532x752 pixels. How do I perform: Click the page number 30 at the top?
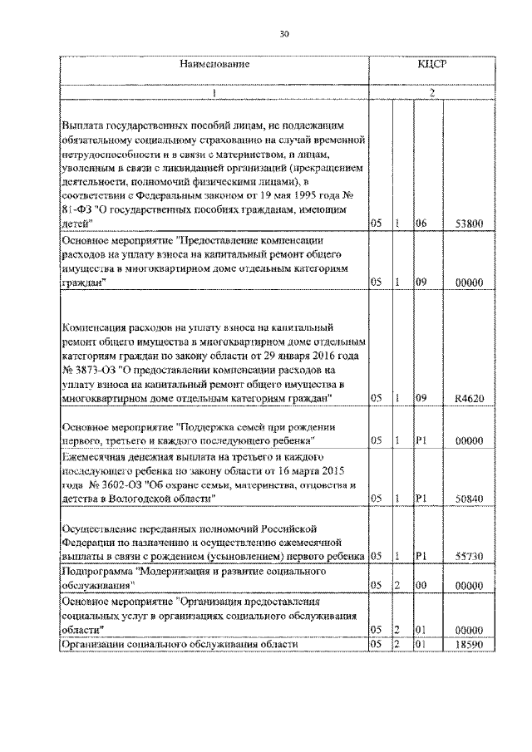pos(284,33)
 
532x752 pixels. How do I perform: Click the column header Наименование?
pos(214,64)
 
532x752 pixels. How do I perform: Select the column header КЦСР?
pos(432,64)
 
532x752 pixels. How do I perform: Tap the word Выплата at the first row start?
pos(82,122)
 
